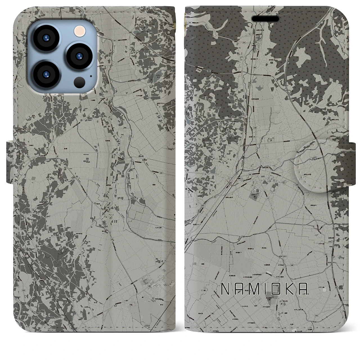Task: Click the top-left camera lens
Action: tap(45, 39)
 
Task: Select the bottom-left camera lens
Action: tap(45, 74)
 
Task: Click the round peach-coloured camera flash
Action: tap(78, 30)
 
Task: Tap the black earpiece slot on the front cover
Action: tap(265, 19)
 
